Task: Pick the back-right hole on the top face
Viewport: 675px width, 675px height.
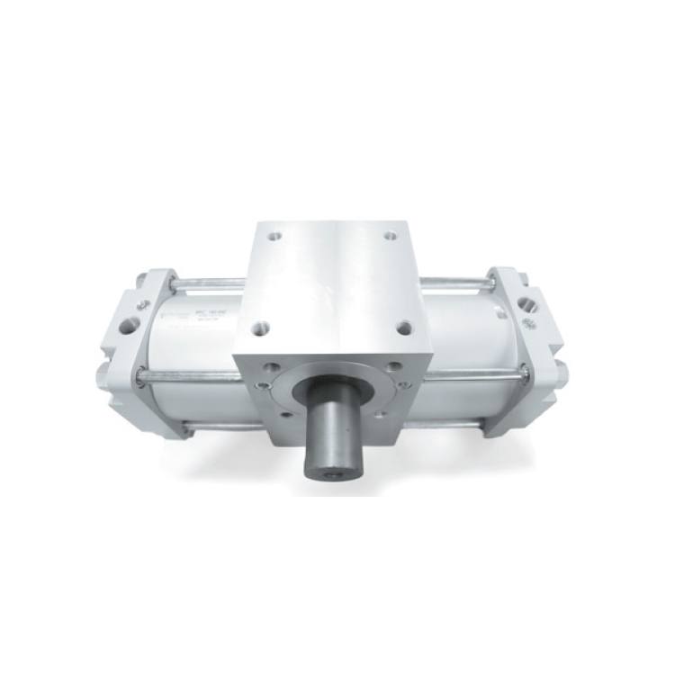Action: coord(391,236)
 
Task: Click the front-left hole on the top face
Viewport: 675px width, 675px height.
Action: coord(259,328)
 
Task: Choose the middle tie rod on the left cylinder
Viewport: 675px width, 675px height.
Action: coord(189,375)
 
